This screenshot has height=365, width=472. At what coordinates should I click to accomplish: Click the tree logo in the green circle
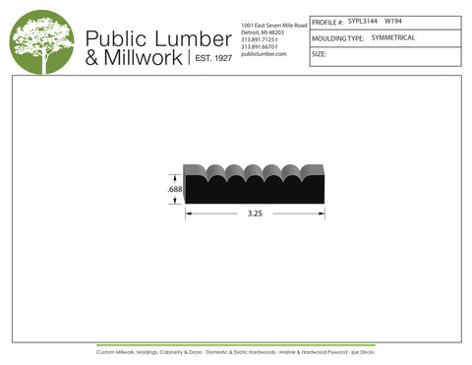pos(42,42)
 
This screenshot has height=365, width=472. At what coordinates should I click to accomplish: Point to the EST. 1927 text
pos(210,59)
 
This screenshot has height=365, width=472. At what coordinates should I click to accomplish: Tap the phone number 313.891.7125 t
pos(264,38)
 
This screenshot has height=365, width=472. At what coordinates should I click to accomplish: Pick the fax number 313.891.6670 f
pos(264,46)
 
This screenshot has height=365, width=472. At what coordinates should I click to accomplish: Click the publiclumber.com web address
pos(263,54)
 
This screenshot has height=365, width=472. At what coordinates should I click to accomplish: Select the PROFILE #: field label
pos(327,21)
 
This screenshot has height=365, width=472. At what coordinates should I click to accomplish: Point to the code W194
pos(392,21)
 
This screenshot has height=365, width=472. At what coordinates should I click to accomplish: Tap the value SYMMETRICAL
pos(393,37)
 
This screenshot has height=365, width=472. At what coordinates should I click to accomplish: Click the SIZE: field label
pos(320,54)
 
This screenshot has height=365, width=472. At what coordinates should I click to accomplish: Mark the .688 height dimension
pos(173,189)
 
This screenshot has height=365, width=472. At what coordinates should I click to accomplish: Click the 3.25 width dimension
pos(254,213)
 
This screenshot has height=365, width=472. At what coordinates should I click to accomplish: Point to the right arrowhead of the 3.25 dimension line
pos(322,213)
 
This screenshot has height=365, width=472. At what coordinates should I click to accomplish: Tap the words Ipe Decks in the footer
pos(363,351)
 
